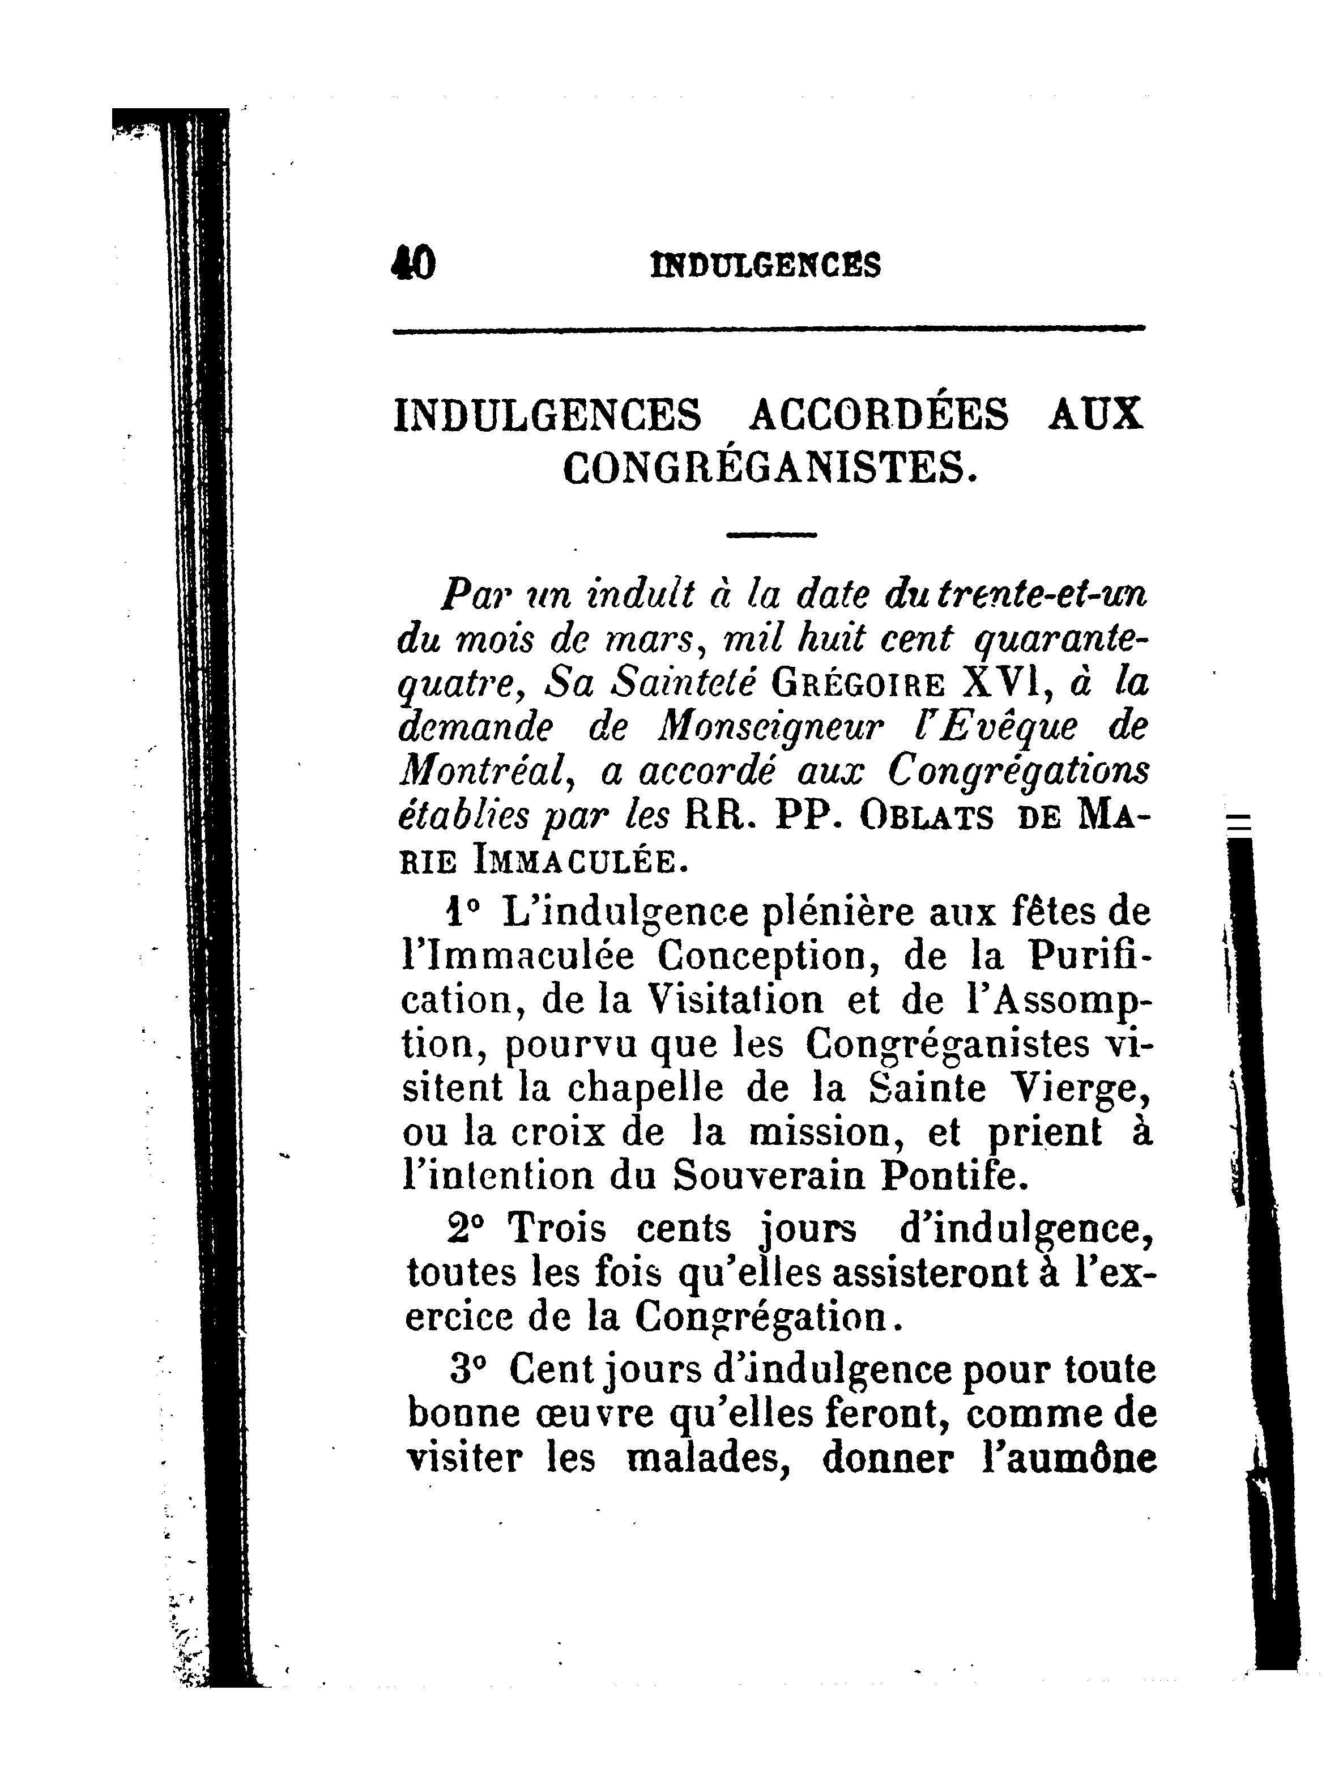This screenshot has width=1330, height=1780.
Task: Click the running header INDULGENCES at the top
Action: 765,265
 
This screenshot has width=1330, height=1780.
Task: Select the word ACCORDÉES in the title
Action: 878,415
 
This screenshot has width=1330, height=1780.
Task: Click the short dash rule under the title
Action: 771,534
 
